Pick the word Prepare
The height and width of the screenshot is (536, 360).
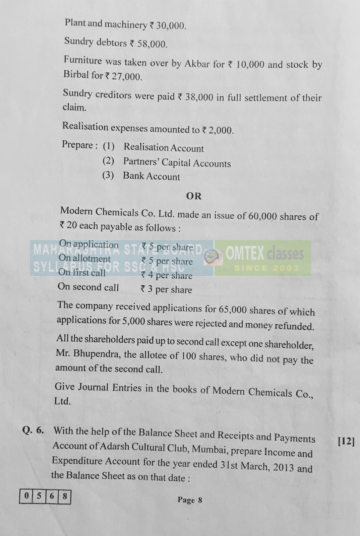click(x=77, y=145)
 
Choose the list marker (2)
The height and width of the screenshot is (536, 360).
click(x=108, y=161)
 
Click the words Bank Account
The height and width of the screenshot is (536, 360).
click(x=151, y=176)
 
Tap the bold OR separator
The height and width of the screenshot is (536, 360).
click(x=194, y=196)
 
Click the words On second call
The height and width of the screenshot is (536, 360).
click(x=88, y=287)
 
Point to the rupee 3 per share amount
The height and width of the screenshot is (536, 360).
click(x=166, y=289)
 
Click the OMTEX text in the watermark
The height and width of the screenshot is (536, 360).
click(x=245, y=254)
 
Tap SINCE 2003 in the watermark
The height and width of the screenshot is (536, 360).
click(x=266, y=268)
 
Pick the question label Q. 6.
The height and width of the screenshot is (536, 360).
click(x=33, y=430)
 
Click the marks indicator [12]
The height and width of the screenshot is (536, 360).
click(x=346, y=442)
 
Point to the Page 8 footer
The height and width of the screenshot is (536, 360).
click(x=190, y=500)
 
